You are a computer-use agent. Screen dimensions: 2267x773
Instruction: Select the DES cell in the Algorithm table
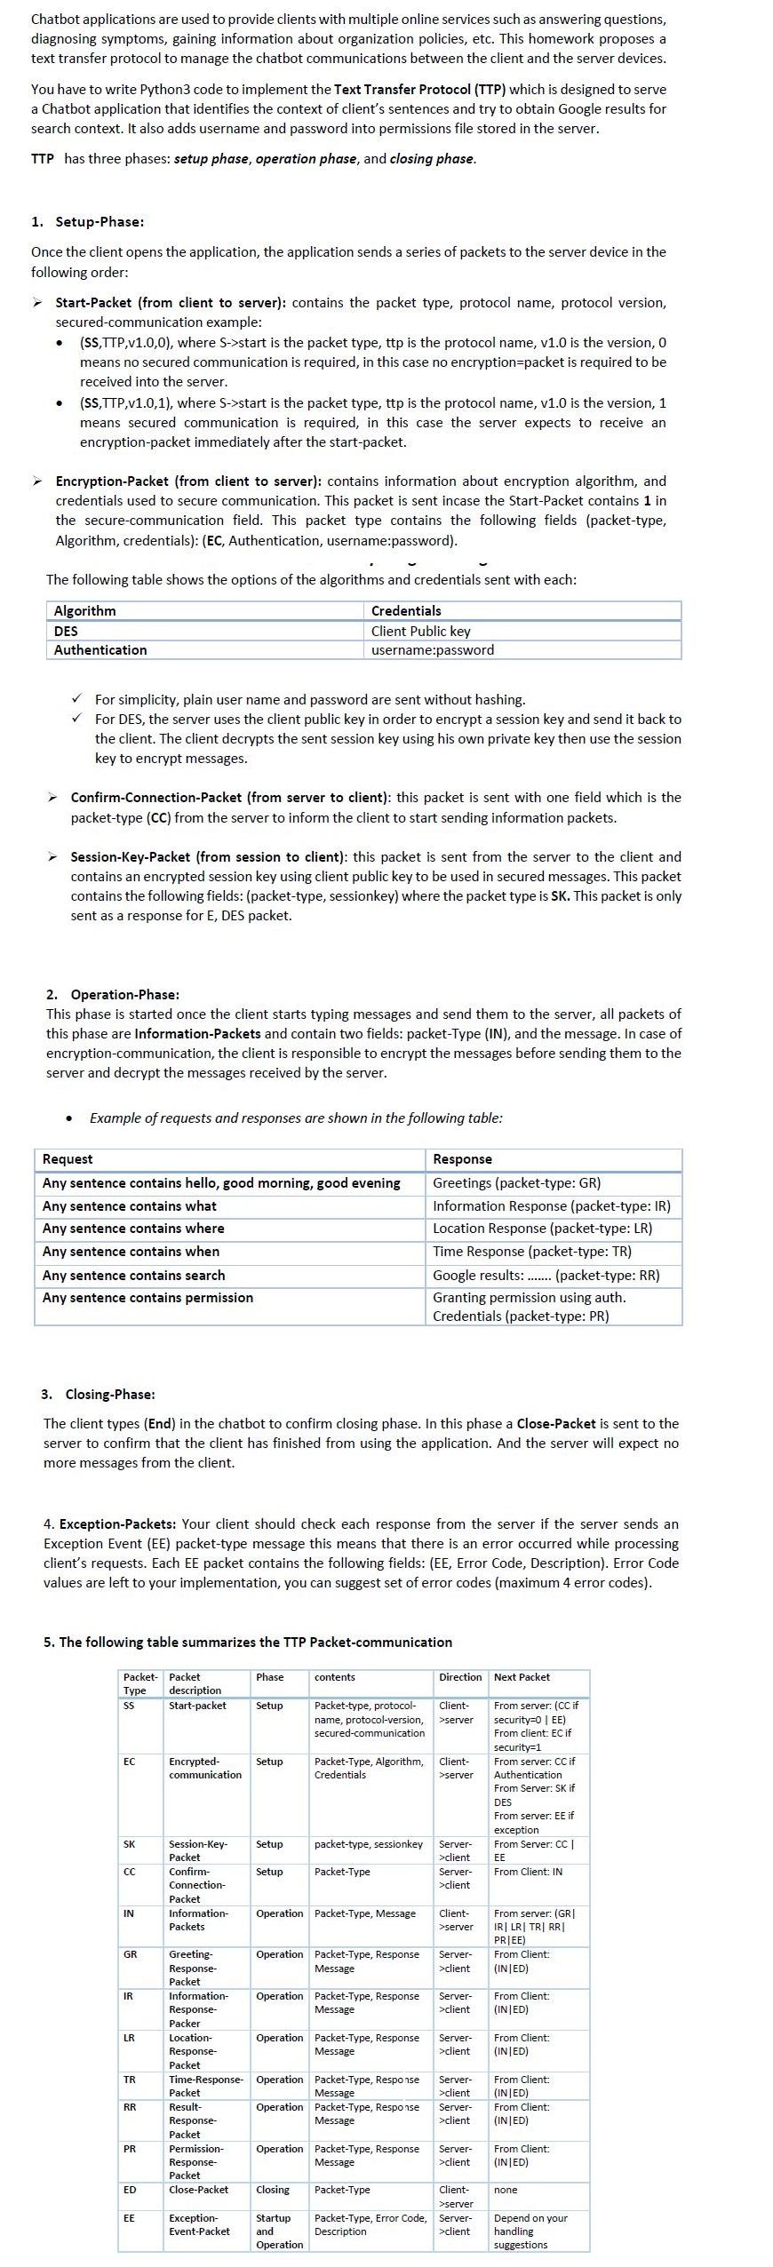coord(66,631)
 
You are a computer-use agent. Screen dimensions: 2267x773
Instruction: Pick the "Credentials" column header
coord(406,611)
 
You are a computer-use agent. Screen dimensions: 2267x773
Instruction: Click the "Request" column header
coord(68,1159)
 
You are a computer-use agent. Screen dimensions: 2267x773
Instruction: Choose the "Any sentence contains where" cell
coord(133,1229)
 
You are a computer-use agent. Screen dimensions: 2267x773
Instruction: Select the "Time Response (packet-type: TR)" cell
coord(531,1252)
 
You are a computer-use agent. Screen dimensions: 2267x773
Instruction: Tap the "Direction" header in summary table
coord(460,1677)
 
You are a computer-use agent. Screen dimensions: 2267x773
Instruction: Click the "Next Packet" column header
coord(522,1677)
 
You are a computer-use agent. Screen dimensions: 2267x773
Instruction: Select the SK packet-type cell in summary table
coord(130,1844)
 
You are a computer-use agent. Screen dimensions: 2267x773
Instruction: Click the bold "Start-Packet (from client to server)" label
coord(170,303)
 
